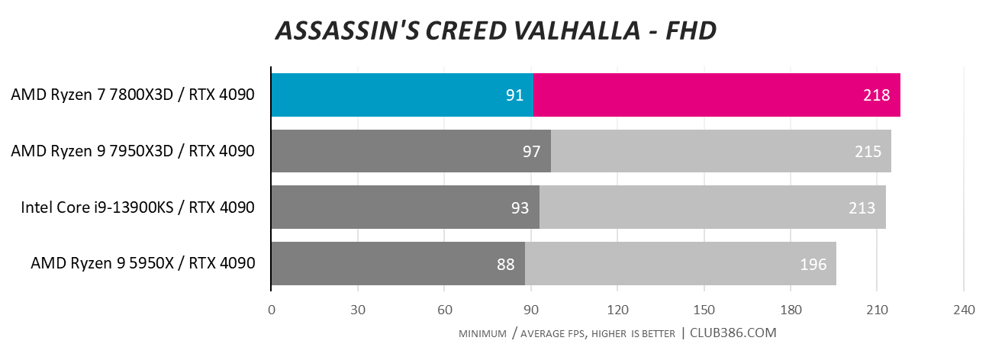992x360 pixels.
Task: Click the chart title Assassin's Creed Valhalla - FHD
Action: pos(496,31)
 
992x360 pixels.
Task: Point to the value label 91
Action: pos(514,95)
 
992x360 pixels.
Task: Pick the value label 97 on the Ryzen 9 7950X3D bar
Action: pos(531,152)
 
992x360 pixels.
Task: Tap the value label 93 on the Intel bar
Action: pos(520,207)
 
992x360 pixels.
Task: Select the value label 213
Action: pos(863,207)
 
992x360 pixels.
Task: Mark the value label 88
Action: pos(505,265)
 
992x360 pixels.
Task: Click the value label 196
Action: pos(813,265)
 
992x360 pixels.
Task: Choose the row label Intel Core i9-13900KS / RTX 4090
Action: pos(137,207)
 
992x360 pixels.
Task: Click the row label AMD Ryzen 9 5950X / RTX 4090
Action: pos(143,265)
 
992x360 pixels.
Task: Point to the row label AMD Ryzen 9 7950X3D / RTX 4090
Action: pos(133,152)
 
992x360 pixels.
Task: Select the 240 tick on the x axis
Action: pos(964,310)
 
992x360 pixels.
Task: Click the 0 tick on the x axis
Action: pos(272,310)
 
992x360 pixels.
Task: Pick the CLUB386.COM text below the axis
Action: pos(733,333)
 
